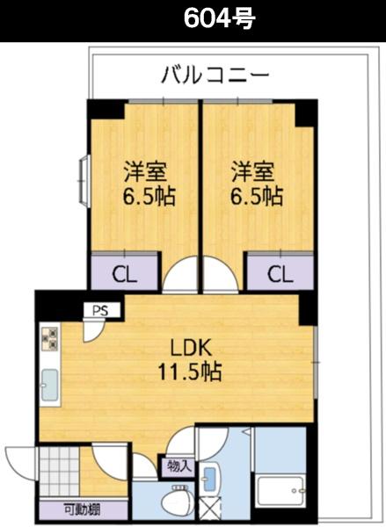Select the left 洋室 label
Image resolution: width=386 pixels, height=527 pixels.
[146, 168]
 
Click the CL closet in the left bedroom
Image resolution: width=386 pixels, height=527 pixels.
[126, 273]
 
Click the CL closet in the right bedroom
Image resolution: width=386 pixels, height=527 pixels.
[279, 273]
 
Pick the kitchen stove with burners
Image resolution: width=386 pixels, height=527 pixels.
[49, 338]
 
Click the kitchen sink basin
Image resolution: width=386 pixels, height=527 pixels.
[50, 384]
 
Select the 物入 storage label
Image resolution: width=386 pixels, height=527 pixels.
[175, 466]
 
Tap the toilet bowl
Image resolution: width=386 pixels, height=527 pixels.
[176, 504]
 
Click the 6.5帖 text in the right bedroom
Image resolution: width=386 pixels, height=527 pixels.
[257, 195]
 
